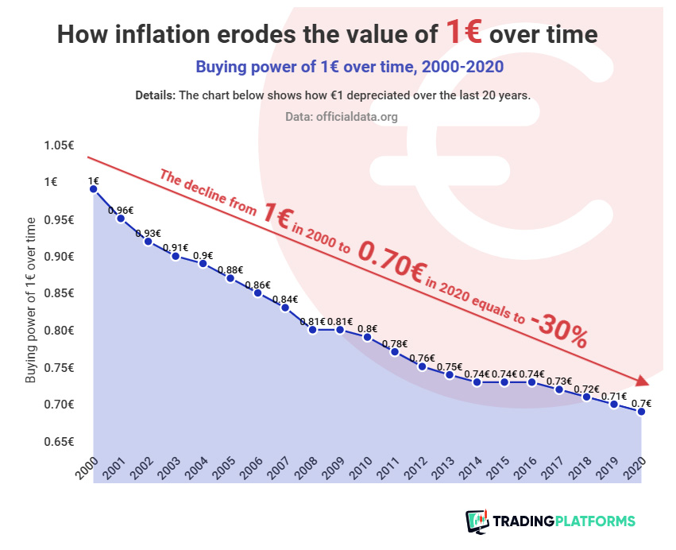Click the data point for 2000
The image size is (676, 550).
pyautogui.click(x=94, y=188)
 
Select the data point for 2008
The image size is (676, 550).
pyautogui.click(x=313, y=329)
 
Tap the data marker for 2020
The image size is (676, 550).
pyautogui.click(x=639, y=411)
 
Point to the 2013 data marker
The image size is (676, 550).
pyautogui.click(x=450, y=374)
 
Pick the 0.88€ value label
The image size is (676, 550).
pyautogui.click(x=230, y=269)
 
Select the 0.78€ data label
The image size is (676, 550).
pyautogui.click(x=395, y=343)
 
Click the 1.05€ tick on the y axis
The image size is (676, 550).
pyautogui.click(x=59, y=145)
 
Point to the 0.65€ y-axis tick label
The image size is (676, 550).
pyautogui.click(x=59, y=441)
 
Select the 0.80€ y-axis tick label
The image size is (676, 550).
pyautogui.click(x=59, y=331)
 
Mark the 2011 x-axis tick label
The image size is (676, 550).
pyautogui.click(x=388, y=469)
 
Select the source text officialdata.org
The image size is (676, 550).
pyautogui.click(x=361, y=117)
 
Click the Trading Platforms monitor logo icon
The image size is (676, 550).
pyautogui.click(x=477, y=521)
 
